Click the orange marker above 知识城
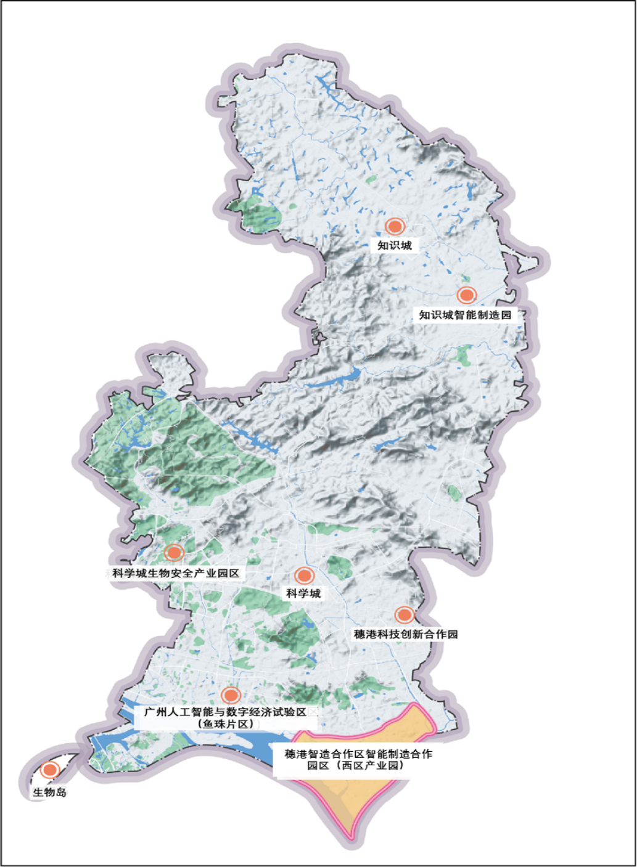395,226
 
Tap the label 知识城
395,245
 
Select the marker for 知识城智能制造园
467,295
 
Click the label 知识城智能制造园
466,315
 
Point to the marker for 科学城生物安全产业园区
175,553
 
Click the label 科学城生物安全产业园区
176,574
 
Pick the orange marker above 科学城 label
304,576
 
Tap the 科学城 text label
303,594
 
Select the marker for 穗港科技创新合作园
405,614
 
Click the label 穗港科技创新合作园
406,634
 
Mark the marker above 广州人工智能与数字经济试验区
231,695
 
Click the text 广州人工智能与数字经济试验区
225,712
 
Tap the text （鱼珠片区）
226,724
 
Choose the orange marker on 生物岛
50,770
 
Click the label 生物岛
49,792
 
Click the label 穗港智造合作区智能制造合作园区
358,754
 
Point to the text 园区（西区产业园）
356,766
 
